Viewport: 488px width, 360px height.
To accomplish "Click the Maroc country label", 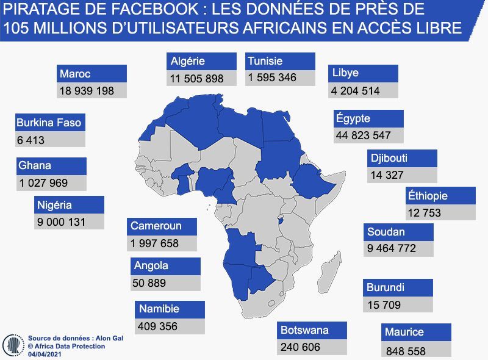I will [x=75, y=74].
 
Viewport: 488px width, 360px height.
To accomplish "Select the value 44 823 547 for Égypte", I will [x=364, y=135].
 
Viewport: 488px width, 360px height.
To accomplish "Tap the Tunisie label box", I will [x=265, y=61].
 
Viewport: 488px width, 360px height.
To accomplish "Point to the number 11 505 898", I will [x=197, y=78].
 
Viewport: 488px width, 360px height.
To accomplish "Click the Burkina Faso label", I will [x=49, y=123].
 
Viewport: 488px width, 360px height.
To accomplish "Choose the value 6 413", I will [x=30, y=140].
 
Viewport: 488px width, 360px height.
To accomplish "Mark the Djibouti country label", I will [x=389, y=159].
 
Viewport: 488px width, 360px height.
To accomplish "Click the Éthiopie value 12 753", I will [x=423, y=212].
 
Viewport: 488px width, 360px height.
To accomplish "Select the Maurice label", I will [x=404, y=333].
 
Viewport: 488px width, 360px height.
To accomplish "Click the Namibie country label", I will [x=159, y=309].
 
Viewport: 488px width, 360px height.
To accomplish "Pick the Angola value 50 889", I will [x=149, y=283].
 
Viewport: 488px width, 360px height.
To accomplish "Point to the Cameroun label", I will [x=156, y=226].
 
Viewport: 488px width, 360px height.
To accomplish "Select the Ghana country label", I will [x=35, y=165].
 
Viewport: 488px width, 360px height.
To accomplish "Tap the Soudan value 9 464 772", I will [x=392, y=248].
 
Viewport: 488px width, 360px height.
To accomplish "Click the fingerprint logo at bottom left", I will [x=13, y=345].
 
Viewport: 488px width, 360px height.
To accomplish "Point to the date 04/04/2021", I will [x=45, y=354].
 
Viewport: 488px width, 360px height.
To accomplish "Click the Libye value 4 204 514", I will [x=355, y=91].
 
